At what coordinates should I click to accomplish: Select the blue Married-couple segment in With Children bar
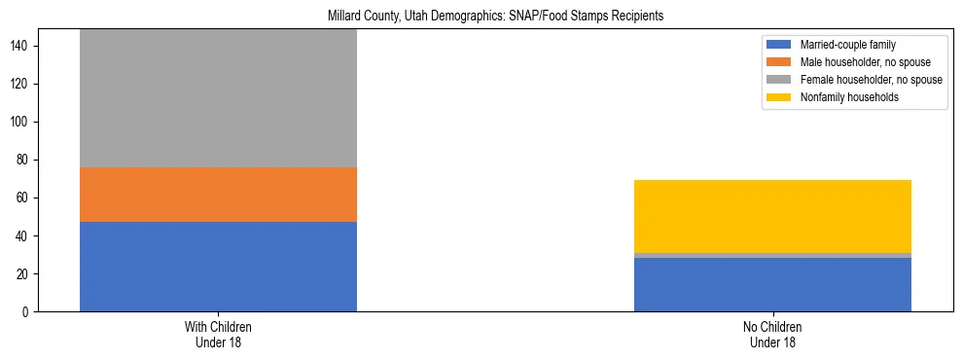(218, 267)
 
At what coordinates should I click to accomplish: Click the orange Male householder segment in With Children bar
(218, 195)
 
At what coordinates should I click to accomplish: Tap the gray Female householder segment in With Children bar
(218, 97)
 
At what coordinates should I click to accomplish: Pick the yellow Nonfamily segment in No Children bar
(772, 216)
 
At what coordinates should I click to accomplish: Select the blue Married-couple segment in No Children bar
(772, 285)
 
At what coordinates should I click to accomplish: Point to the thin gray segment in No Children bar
(772, 255)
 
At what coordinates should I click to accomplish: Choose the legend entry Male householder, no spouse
(856, 62)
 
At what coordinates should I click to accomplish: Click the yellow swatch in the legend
(780, 97)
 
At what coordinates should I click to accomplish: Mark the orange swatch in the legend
(780, 62)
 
